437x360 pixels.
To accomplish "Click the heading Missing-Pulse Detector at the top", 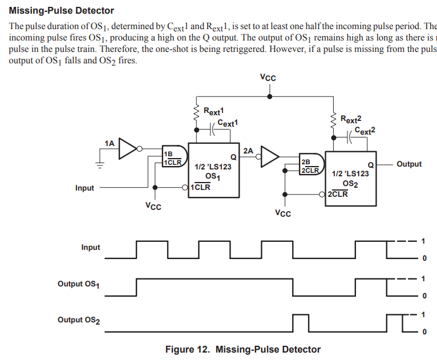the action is [x=61, y=11].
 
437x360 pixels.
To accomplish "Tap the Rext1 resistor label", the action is [x=213, y=111].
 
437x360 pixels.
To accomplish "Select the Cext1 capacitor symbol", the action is [x=213, y=130].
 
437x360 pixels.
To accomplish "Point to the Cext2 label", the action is [x=365, y=131].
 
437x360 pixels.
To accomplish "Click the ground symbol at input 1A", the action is [x=100, y=165].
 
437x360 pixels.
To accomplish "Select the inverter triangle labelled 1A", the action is [x=128, y=148].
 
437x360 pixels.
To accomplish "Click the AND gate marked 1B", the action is [x=175, y=156].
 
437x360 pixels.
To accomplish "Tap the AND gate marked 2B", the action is [x=311, y=164].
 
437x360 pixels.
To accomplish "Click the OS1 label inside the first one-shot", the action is [x=213, y=177].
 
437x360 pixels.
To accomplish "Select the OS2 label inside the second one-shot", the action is [x=350, y=184].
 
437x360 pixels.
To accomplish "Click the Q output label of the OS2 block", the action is [x=371, y=165].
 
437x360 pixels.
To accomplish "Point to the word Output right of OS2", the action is [x=409, y=164].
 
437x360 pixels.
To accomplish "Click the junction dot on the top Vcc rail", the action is [x=269, y=96].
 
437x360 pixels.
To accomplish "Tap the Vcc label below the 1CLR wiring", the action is [x=153, y=206].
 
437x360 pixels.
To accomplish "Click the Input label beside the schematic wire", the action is [x=84, y=188].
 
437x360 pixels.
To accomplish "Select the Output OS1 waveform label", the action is [x=78, y=284].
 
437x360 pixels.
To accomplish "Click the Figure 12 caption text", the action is [x=243, y=349].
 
